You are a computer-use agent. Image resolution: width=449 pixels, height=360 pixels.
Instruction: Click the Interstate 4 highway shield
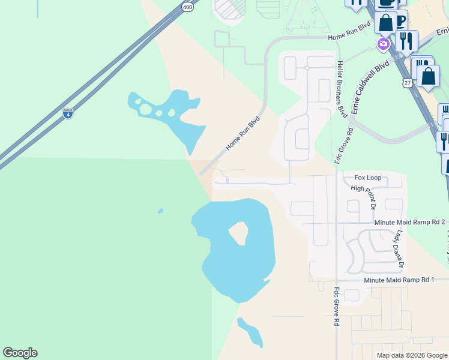point(68,113)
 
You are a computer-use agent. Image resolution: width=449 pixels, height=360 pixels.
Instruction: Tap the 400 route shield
point(188,7)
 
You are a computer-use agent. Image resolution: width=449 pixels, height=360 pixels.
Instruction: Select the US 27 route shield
point(408,82)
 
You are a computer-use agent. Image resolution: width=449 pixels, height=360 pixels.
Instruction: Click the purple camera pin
point(383,44)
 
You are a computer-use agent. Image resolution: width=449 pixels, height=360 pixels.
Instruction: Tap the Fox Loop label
point(367,178)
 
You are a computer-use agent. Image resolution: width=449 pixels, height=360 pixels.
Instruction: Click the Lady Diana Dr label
point(400,248)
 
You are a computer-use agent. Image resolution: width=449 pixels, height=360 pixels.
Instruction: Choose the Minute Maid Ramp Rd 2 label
point(409,222)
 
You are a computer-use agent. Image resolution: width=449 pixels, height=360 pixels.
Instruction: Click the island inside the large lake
point(238,232)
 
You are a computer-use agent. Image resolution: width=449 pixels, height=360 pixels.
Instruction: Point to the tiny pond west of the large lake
point(160,211)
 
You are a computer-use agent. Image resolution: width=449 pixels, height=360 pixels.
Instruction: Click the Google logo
point(20,353)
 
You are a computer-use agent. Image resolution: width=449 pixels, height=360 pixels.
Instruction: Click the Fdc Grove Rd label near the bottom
point(337,306)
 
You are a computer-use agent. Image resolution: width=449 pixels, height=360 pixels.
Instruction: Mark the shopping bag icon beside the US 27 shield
point(428,76)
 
